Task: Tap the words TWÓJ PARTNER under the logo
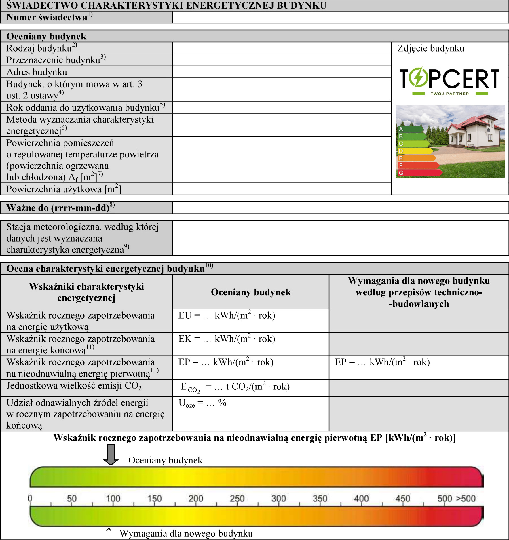point(449,94)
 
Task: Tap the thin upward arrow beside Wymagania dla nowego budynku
point(109,532)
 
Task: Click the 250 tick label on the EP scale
point(237,498)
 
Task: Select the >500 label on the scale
point(466,498)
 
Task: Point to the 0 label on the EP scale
point(30,498)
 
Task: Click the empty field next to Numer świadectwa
point(340,17)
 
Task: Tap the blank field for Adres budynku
point(282,72)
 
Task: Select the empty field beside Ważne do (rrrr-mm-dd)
point(340,208)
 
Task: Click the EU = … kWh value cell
point(250,321)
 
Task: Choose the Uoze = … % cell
point(250,413)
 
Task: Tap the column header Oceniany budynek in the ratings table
point(251,292)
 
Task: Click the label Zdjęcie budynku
point(431,48)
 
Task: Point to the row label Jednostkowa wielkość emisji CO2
point(74,386)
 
